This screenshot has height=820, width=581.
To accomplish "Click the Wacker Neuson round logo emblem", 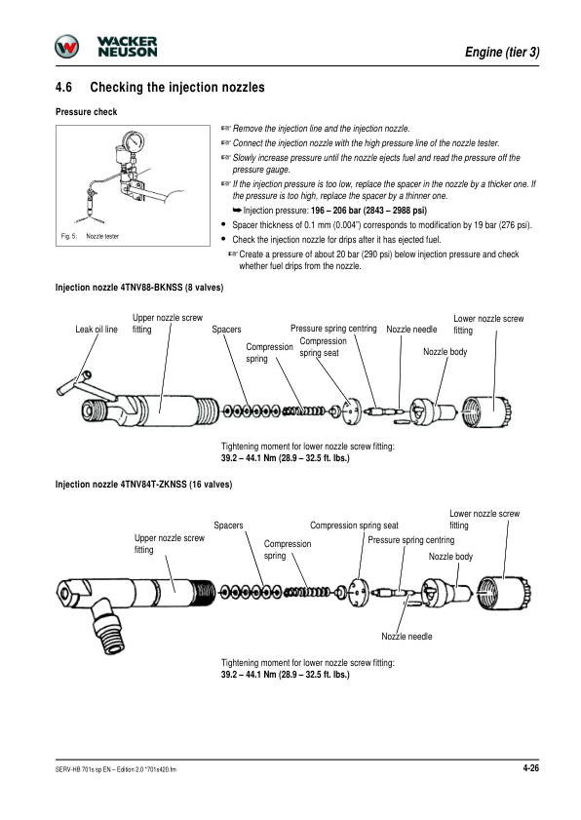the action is click(67, 47).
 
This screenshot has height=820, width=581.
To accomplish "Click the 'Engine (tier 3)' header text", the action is click(502, 52).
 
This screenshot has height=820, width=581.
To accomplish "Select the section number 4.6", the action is click(63, 87).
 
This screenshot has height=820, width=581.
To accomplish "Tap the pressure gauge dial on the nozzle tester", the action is click(133, 140).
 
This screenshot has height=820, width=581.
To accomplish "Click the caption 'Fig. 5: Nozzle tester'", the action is click(90, 236).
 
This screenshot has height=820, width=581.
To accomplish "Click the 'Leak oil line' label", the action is click(97, 330).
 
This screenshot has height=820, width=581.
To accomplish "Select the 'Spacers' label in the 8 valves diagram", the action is click(226, 330).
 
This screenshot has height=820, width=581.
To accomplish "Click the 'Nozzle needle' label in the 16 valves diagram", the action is click(407, 637).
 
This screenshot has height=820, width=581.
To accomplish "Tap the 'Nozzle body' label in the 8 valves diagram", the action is click(445, 352).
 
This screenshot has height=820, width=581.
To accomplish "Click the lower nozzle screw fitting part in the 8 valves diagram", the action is click(486, 411).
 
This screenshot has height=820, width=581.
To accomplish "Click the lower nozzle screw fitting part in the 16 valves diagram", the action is click(504, 593).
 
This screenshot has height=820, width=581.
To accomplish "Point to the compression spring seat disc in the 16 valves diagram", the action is click(359, 593).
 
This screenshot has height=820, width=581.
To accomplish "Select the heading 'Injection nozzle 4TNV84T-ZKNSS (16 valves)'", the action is click(144, 485).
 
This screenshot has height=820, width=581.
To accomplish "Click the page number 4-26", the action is click(531, 767).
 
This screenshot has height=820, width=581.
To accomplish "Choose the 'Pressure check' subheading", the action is click(87, 112).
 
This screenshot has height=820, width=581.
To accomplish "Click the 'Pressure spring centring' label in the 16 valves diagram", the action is click(411, 540).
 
